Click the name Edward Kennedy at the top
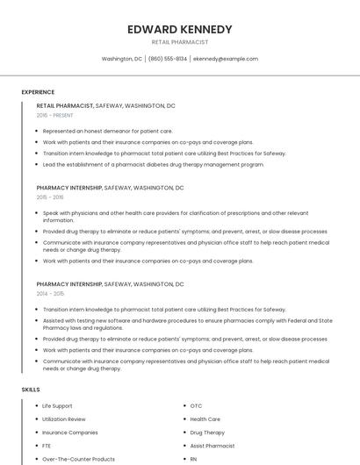[180, 29]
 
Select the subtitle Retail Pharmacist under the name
[180, 41]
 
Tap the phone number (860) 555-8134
[167, 59]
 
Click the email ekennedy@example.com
[226, 59]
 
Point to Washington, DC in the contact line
[122, 59]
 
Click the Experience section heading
[38, 92]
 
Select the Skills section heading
[31, 389]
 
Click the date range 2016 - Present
[54, 116]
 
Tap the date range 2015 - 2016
[50, 197]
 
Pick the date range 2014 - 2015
[50, 294]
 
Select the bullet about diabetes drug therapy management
[154, 164]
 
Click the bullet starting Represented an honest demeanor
[107, 131]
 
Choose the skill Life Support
[57, 406]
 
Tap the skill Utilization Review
[64, 419]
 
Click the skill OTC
[196, 406]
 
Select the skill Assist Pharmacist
[212, 446]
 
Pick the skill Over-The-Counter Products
[78, 459]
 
